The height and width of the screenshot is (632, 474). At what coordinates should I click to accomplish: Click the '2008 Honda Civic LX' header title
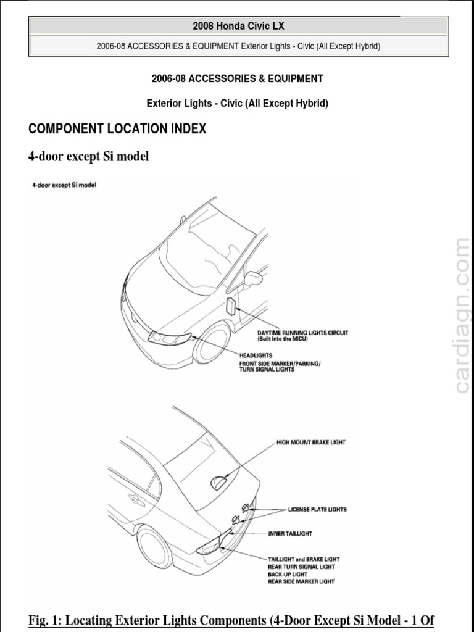point(238,26)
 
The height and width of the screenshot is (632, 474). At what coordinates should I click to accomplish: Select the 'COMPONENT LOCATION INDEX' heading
point(117,129)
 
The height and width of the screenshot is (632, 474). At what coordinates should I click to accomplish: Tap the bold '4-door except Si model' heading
point(89,157)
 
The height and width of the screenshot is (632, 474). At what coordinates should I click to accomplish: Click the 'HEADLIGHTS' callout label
point(256,355)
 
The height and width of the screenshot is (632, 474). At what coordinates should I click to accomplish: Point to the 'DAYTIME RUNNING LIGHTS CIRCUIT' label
point(302,333)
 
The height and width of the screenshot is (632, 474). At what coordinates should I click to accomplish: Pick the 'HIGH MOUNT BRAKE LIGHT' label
point(311,443)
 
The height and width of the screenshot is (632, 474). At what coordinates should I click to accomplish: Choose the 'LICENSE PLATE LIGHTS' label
point(317,510)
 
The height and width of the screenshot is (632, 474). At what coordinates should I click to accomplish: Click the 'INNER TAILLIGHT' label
point(290,533)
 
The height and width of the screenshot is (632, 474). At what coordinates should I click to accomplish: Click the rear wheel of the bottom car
point(154,546)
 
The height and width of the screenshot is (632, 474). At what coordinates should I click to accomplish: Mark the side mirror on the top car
point(253,279)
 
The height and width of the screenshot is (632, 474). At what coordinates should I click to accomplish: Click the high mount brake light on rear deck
point(218,483)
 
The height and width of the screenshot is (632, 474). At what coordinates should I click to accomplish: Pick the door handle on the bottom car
point(133,498)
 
